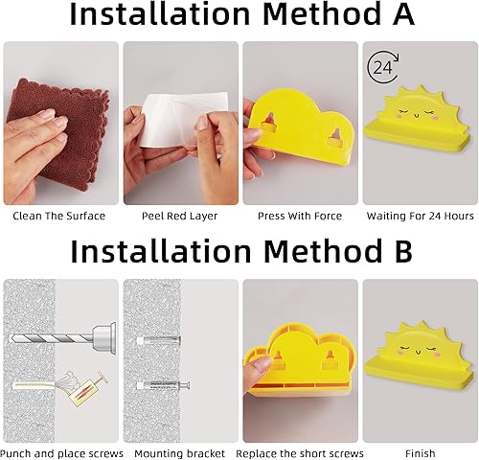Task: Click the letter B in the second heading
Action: pyautogui.click(x=399, y=251)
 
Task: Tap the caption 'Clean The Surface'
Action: pyautogui.click(x=58, y=216)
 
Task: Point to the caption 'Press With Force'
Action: pyautogui.click(x=300, y=216)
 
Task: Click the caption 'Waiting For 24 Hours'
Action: pyautogui.click(x=420, y=216)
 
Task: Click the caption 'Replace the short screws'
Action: pyautogui.click(x=300, y=453)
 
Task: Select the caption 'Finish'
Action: pyautogui.click(x=420, y=453)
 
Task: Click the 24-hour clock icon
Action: pyautogui.click(x=382, y=68)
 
